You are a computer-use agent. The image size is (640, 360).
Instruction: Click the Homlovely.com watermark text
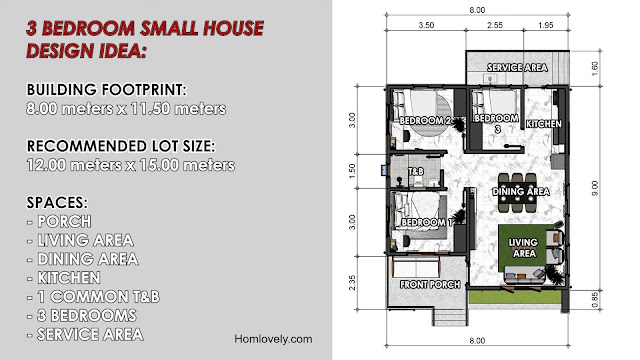[x=273, y=339]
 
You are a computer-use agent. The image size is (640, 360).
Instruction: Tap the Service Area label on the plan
[x=517, y=67]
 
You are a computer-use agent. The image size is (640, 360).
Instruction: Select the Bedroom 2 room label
[x=424, y=120]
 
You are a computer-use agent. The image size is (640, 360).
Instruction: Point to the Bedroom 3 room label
[x=496, y=123]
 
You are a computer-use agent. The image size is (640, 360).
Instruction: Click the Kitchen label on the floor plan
[x=543, y=124]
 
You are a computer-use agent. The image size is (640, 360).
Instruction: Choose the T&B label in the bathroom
[x=416, y=171]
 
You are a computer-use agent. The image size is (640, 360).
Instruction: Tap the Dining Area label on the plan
[x=520, y=191]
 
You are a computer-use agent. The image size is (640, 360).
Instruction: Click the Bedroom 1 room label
[x=427, y=222]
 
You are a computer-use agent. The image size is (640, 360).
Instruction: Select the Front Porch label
[x=430, y=284]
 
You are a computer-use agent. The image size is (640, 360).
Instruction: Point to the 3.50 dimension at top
[x=426, y=25]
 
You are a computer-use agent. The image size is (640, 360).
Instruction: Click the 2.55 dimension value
[x=495, y=25]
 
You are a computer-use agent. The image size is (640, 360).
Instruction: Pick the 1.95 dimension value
[x=546, y=25]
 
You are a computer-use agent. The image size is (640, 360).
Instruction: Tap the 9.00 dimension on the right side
[x=595, y=188]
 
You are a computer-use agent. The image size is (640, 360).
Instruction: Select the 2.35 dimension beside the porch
[x=352, y=282]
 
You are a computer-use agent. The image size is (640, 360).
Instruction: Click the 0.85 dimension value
[x=595, y=300]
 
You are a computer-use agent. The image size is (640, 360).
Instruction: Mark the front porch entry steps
[x=450, y=316]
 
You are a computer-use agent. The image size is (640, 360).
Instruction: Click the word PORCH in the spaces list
[x=64, y=222]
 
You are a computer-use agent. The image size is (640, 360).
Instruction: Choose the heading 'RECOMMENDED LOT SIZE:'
[x=121, y=146]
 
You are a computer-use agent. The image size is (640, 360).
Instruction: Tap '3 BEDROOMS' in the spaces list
[x=87, y=316]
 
